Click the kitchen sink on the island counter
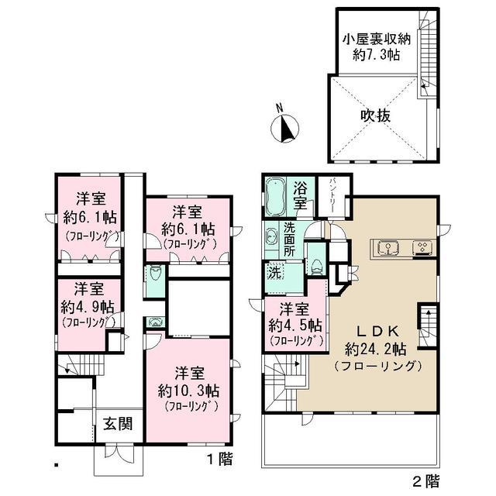point(387,248)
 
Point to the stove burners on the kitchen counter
point(422,248)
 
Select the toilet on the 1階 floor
point(154,274)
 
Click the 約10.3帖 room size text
point(190,387)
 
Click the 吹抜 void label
point(375,115)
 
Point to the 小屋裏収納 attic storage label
point(375,40)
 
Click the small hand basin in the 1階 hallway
point(154,322)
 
